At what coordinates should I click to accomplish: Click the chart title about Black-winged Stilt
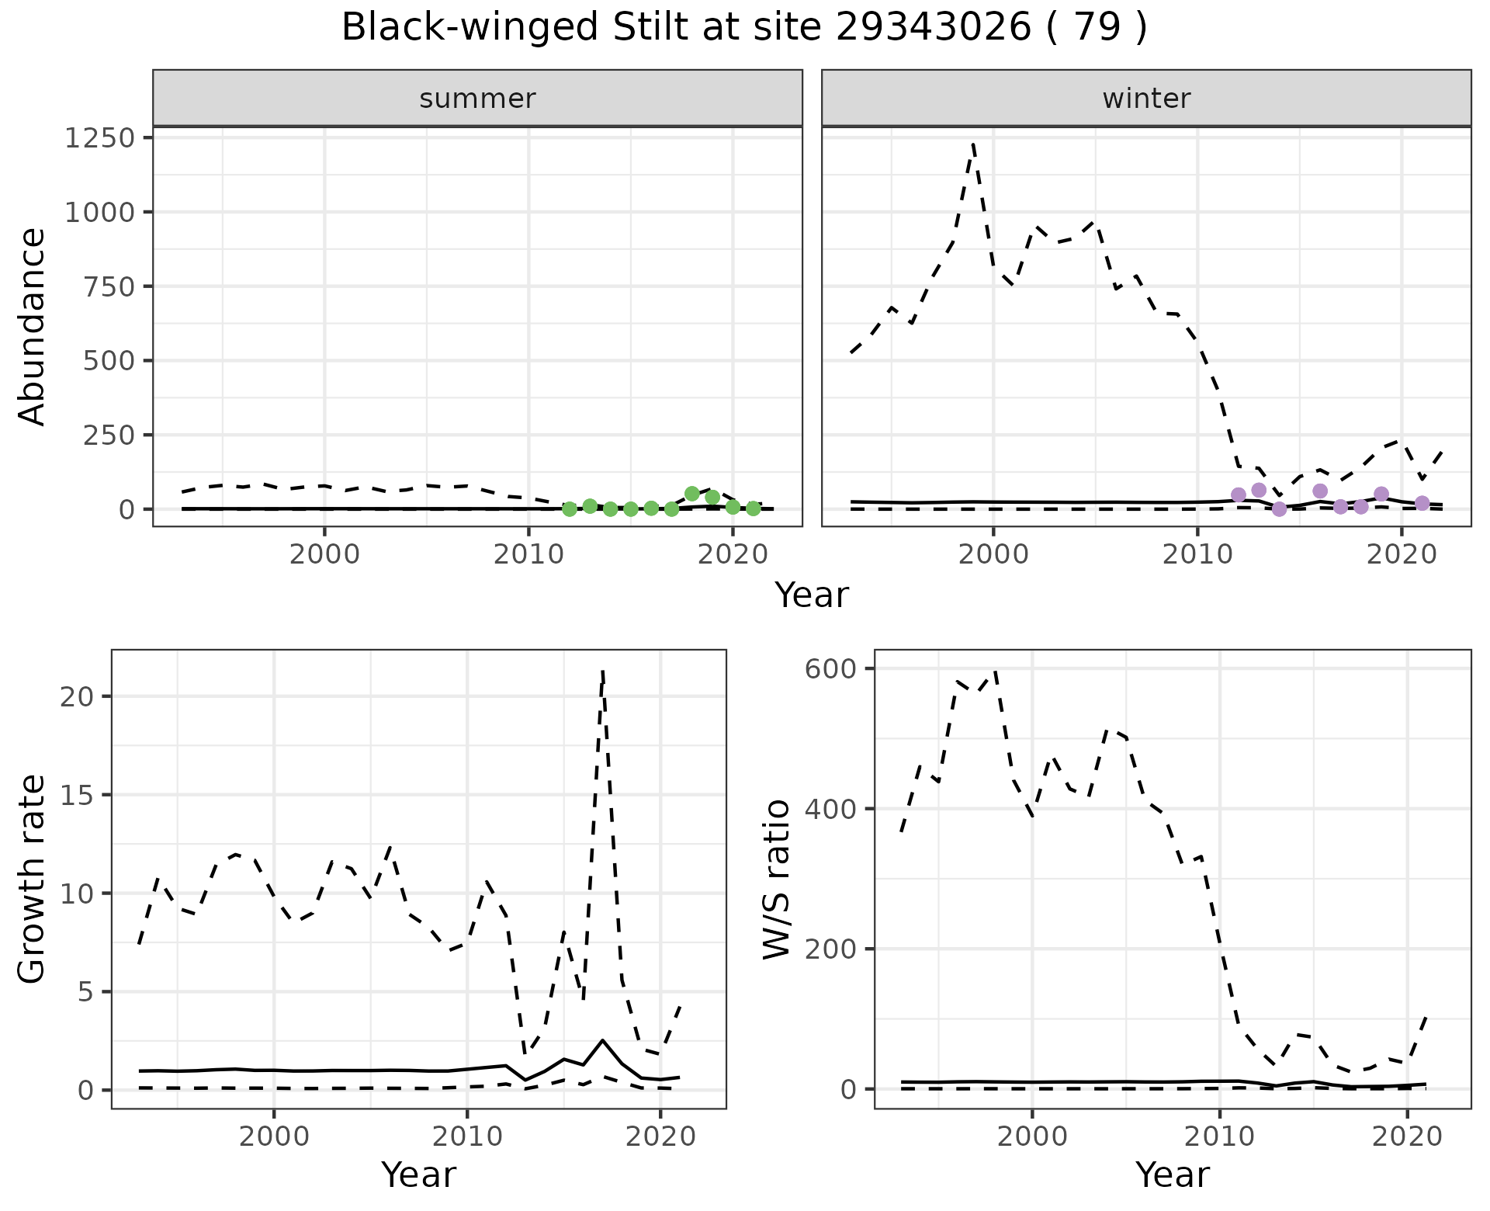[x=743, y=29]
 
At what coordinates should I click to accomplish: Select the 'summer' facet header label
[x=477, y=99]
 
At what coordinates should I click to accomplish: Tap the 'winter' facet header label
[x=1146, y=99]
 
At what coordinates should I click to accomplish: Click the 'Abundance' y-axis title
[x=33, y=326]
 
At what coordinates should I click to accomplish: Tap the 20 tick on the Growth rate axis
[x=75, y=696]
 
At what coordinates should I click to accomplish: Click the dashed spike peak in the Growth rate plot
[x=603, y=671]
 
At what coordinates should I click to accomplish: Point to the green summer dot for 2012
[x=570, y=509]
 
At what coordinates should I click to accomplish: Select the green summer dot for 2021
[x=753, y=508]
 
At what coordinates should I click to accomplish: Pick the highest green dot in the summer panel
[x=692, y=494]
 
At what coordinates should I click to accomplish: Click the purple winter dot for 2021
[x=1422, y=503]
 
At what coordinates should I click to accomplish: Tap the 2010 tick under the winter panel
[x=1197, y=556]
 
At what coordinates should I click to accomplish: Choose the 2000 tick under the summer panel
[x=324, y=556]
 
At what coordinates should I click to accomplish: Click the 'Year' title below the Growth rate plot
[x=418, y=1175]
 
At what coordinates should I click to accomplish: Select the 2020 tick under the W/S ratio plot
[x=1408, y=1136]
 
